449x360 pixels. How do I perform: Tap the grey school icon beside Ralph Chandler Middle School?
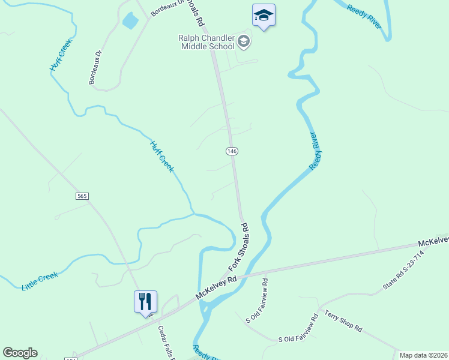244,41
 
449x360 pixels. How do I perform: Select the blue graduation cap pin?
264,16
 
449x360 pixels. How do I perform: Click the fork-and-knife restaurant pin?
145,301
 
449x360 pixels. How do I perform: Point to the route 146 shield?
232,151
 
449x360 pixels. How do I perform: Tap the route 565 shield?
82,196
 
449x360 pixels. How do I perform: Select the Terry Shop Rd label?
343,321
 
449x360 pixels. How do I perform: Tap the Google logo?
20,353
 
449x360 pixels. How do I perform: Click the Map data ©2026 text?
423,355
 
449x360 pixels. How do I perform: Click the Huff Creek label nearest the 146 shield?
161,157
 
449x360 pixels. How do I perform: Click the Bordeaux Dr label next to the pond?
166,7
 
